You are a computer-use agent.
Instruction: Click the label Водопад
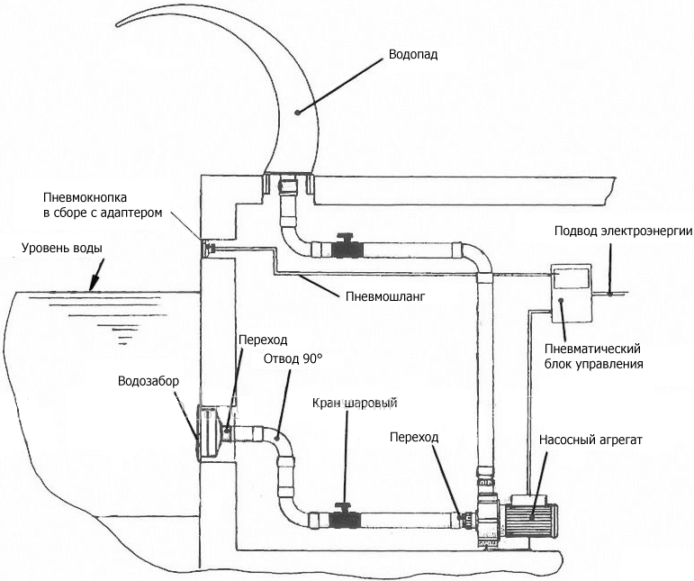coord(413,55)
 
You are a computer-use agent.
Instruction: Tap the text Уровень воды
coord(62,248)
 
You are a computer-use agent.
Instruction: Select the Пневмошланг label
coord(385,295)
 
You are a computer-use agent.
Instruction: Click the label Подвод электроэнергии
coord(623,231)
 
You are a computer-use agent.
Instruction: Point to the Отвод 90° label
coord(291,359)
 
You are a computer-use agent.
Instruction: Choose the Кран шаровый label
coord(355,404)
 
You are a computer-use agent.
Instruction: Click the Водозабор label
coord(149,381)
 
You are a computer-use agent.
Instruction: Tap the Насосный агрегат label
coord(590,440)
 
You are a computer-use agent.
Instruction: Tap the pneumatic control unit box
coord(571,294)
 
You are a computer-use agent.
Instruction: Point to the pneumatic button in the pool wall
coord(208,248)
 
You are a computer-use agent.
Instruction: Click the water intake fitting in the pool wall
coord(212,431)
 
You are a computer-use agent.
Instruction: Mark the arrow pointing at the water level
coord(96,275)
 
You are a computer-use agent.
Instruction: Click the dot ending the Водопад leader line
coord(297,112)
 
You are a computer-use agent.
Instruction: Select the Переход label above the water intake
coord(263,340)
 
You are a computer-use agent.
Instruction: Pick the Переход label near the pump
coord(414,437)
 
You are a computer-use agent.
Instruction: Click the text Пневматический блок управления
coord(593,357)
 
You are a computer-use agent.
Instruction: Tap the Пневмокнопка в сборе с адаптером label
coord(103,205)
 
